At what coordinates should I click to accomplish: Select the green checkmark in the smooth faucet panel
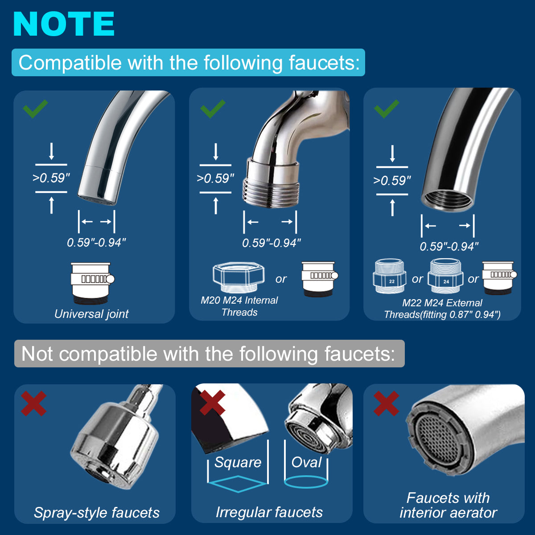(35, 108)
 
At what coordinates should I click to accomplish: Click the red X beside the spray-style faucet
(34, 403)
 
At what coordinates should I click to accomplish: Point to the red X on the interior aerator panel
(386, 403)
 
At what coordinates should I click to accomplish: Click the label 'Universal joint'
(91, 314)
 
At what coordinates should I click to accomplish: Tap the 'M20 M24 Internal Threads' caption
(239, 306)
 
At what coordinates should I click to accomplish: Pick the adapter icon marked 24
(445, 276)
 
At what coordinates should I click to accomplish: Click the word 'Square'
(238, 462)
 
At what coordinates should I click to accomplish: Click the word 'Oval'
(306, 462)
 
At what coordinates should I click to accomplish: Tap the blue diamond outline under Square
(238, 483)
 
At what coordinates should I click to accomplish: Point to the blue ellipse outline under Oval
(306, 481)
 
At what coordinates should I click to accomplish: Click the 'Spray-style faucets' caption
(97, 513)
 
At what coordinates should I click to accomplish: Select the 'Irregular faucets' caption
(269, 512)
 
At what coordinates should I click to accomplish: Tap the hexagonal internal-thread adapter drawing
(239, 277)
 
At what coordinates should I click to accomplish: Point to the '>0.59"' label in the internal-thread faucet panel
(215, 178)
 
